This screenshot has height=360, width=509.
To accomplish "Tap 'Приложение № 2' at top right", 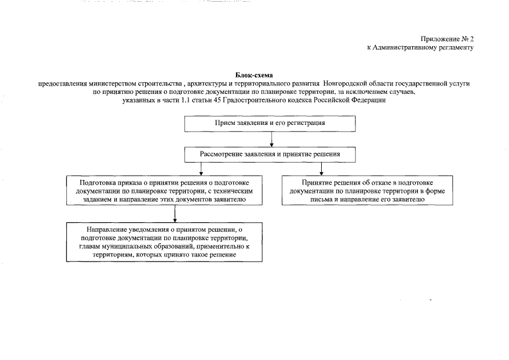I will click(x=448, y=39).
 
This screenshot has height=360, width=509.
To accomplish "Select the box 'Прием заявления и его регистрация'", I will click(x=270, y=123).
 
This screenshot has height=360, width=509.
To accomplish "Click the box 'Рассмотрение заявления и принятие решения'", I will click(x=270, y=153).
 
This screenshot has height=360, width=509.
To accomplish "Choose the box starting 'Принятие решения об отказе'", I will click(x=367, y=191).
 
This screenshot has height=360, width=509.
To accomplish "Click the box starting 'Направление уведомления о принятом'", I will click(x=164, y=242).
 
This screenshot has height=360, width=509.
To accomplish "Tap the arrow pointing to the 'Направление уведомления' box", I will click(x=175, y=214).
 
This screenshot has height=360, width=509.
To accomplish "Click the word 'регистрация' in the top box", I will click(x=308, y=123).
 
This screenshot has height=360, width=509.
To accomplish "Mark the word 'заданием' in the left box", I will click(x=94, y=200).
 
